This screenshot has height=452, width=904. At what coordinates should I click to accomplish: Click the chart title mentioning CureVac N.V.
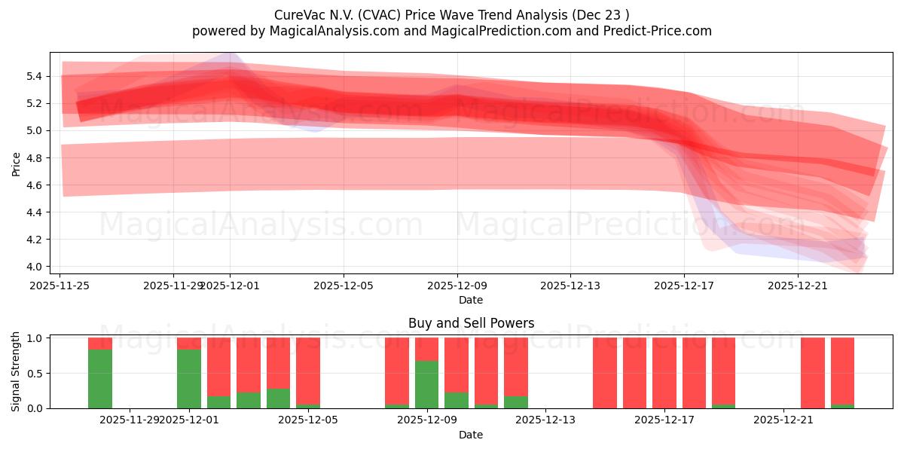pos(451,14)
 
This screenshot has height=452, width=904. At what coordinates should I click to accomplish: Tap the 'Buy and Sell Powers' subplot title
pos(471,323)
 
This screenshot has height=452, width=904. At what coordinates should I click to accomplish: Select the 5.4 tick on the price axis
pos(35,76)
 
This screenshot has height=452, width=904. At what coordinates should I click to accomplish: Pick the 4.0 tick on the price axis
pos(35,267)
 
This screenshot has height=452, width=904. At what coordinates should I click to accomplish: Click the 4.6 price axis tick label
pos(35,185)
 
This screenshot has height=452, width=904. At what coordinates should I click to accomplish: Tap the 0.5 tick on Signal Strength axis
pos(35,374)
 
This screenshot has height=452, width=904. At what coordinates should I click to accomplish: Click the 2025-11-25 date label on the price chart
pos(60,286)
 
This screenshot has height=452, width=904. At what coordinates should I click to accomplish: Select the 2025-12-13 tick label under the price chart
pos(570,286)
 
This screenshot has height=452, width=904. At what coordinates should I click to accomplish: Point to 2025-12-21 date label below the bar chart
pos(784,420)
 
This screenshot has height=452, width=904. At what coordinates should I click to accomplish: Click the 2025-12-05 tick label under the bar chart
pos(308,420)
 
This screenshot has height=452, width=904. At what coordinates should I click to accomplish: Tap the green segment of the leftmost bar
pos(100,379)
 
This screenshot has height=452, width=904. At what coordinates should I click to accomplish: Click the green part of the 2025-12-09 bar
pos(427,384)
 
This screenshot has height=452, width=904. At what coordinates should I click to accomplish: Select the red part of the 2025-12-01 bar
pos(189,343)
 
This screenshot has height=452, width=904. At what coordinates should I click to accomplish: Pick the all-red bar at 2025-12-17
pos(664,373)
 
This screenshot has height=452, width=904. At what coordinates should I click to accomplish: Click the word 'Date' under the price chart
pos(471,300)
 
